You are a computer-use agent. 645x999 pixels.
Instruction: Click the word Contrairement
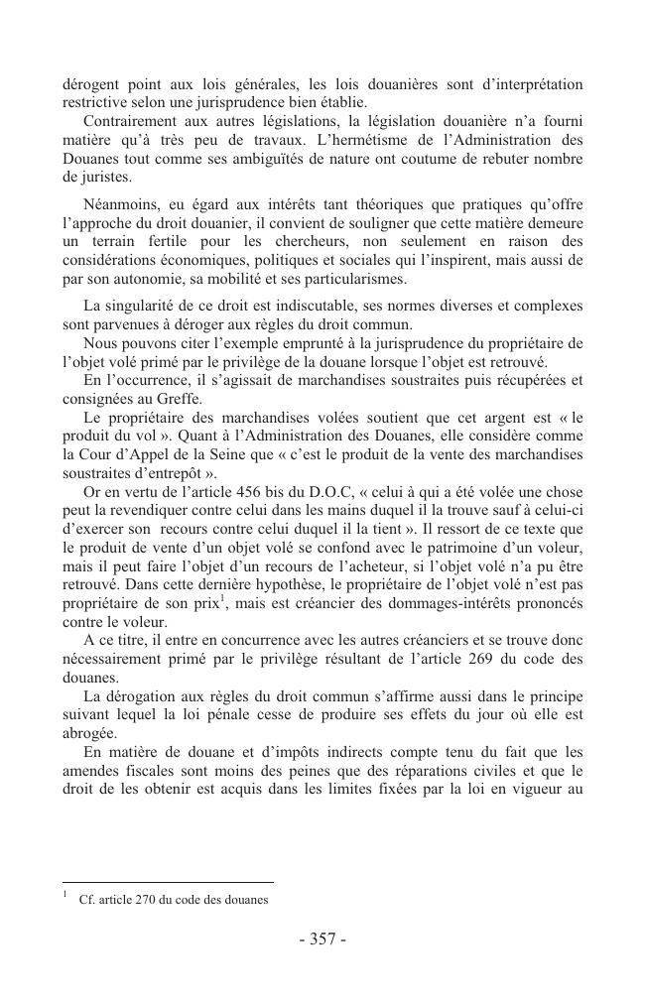(121, 120)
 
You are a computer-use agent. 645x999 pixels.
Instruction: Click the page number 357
(322, 939)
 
